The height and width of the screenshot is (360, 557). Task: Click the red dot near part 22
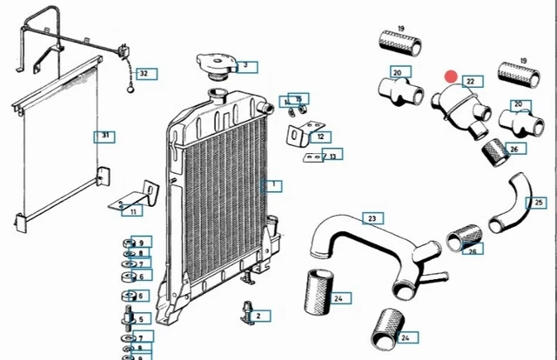coord(451,79)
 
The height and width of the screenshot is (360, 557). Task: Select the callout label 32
coord(144,74)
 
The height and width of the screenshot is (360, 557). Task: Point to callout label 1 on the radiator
coord(272,185)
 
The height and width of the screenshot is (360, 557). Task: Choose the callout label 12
coord(320,137)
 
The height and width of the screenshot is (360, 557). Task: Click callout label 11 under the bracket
coord(132,211)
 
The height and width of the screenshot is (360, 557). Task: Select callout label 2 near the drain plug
coord(263,316)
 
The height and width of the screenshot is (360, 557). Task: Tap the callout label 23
coord(372,218)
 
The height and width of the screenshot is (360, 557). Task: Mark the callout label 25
coord(539,203)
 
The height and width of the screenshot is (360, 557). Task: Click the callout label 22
coord(471,82)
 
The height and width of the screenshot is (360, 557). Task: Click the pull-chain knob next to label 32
coord(131,87)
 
